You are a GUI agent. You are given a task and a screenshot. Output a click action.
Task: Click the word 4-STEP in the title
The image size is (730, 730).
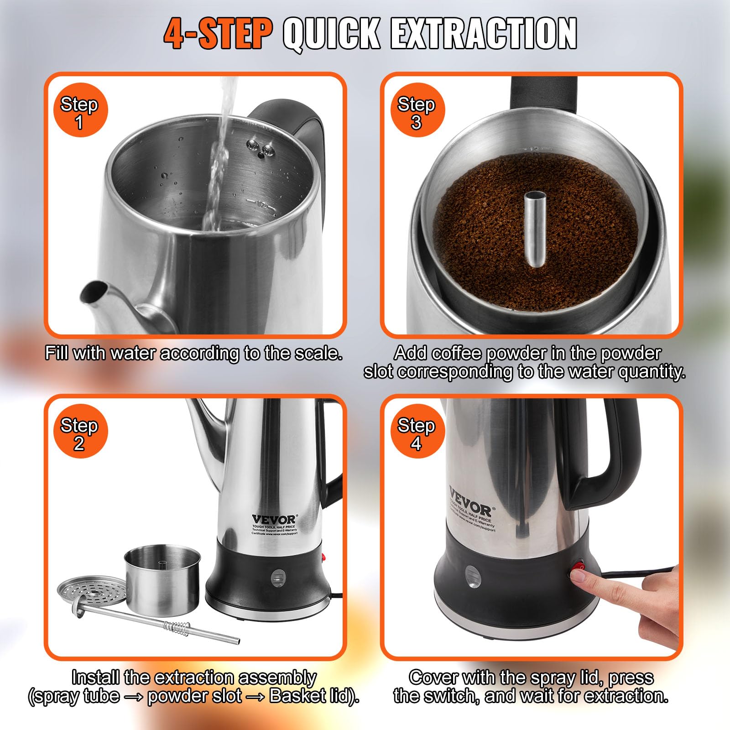(218, 34)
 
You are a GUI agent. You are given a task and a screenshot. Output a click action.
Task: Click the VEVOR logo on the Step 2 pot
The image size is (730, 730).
(273, 520)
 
